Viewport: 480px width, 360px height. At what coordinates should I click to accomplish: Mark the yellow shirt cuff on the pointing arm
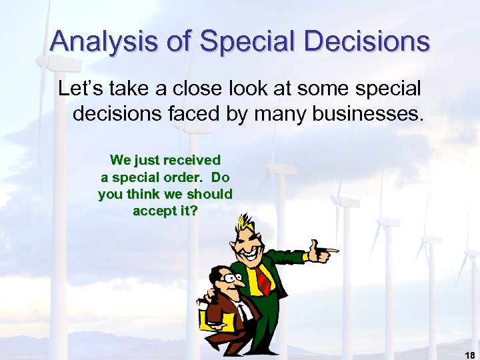(x=305, y=256)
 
